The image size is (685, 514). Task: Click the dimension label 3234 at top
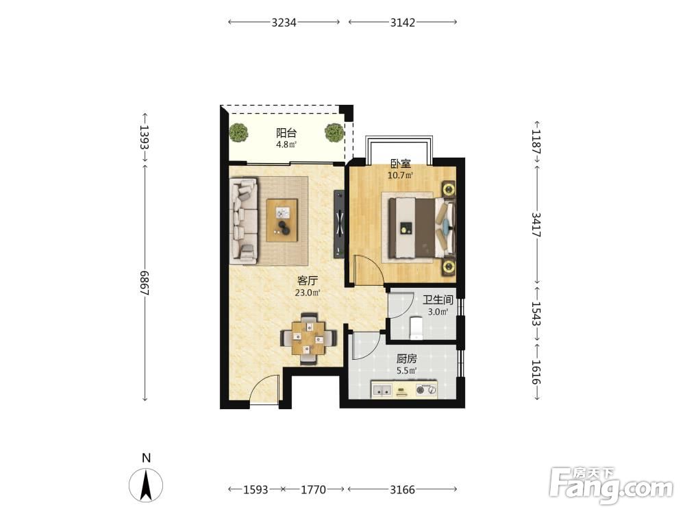coord(284,23)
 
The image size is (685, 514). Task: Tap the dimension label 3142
coord(402,23)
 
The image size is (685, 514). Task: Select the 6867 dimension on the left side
coord(145,283)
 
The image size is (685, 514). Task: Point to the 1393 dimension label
coord(145,137)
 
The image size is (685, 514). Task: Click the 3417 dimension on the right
coord(536,225)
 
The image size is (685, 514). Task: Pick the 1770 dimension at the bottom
coord(313,489)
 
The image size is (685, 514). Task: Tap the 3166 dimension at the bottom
coord(402,489)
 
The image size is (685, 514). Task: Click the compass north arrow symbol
coord(146,485)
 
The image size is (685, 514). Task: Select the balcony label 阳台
coord(286,133)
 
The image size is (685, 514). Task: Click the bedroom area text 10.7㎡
coord(401,175)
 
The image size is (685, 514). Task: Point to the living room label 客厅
coord(308,280)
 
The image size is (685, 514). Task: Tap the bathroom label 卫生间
coord(438,300)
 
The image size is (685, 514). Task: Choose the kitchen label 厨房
coord(407,359)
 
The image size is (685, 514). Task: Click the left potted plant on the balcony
coord(238,132)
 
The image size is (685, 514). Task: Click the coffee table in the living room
coord(282,220)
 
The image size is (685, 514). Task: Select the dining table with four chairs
coord(308,339)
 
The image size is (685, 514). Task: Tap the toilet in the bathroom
coord(416,328)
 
